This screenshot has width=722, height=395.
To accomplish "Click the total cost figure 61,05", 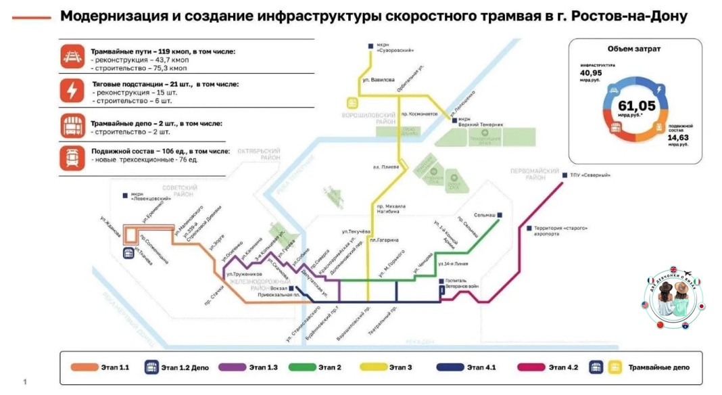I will pyautogui.click(x=636, y=106).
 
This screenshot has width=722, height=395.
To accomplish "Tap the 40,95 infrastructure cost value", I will pyautogui.click(x=590, y=73).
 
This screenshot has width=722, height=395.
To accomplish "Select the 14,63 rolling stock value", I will pyautogui.click(x=678, y=137).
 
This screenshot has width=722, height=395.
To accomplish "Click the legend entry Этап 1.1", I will pyautogui.click(x=115, y=367).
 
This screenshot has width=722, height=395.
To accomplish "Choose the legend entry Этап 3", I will pyautogui.click(x=400, y=367).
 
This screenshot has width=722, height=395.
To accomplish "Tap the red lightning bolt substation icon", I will pyautogui.click(x=71, y=91).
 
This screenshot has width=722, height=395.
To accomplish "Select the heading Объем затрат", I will pyautogui.click(x=634, y=49).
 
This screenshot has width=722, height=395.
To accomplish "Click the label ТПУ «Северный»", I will pyautogui.click(x=590, y=175).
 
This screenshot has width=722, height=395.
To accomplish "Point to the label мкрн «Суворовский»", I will pyautogui.click(x=395, y=48).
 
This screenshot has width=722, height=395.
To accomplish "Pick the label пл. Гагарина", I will pyautogui.click(x=384, y=240).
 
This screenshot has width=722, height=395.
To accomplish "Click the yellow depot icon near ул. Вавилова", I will pyautogui.click(x=352, y=103).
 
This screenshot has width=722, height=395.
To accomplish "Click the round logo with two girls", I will pyautogui.click(x=673, y=296).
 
